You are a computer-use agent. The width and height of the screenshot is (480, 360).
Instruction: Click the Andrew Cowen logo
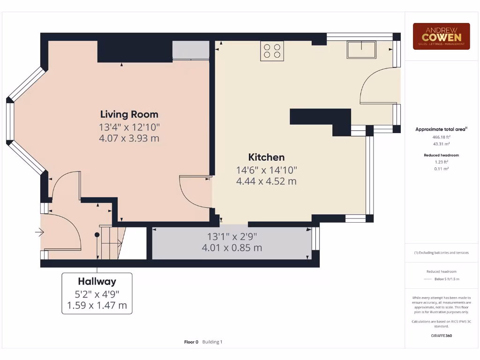441,36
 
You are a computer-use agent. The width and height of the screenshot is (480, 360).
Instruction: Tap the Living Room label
129,114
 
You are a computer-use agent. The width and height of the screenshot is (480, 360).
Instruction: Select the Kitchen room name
266,157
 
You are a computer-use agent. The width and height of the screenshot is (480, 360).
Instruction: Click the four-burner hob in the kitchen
272,51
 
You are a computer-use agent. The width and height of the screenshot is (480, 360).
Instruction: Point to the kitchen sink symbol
361,49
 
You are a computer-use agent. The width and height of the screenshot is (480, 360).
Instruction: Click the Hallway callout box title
97,281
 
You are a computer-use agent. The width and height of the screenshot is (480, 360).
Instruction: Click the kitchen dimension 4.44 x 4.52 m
266,181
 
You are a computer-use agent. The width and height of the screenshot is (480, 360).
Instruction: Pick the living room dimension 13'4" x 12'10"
129,127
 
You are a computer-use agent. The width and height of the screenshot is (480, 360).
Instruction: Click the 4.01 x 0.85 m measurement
232,248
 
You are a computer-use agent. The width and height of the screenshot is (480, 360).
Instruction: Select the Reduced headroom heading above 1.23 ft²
441,155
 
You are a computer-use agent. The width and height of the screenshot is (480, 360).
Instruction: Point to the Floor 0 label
191,342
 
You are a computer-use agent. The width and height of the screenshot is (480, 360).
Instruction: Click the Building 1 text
212,342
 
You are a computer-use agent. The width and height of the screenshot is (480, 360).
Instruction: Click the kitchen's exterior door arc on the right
375,84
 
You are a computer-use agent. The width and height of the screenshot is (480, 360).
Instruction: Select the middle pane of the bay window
9,121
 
